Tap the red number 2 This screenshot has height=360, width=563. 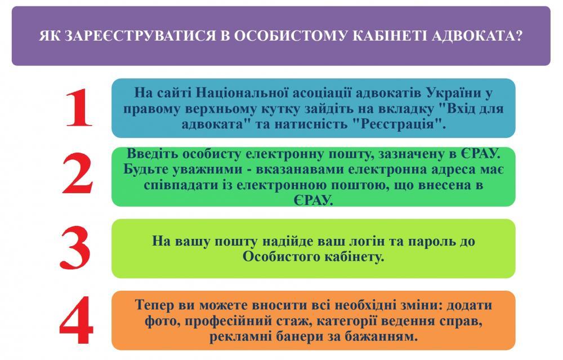pyautogui.click(x=78, y=173)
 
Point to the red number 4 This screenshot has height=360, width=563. pyautogui.click(x=77, y=320)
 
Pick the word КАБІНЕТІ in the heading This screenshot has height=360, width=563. pyautogui.click(x=390, y=36)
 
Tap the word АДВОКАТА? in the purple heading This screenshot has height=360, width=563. pyautogui.click(x=477, y=36)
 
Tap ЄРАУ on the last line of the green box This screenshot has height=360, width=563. pyautogui.click(x=312, y=200)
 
